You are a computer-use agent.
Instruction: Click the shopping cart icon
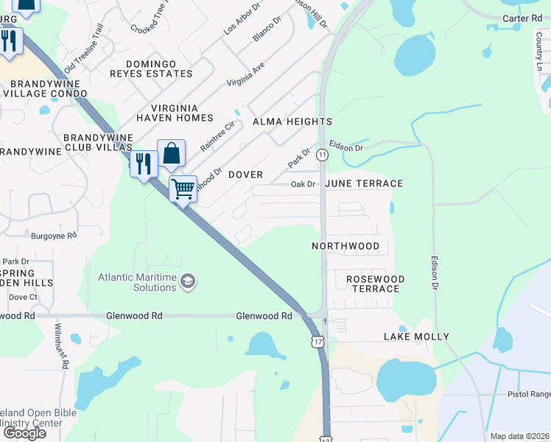coord(183,188)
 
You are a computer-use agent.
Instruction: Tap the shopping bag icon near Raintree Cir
coord(171,153)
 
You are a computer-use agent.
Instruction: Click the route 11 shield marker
coord(322,155)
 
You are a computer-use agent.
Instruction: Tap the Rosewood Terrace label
coord(375,284)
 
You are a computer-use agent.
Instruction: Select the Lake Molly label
coord(416,337)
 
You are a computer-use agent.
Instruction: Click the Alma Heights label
coord(292,122)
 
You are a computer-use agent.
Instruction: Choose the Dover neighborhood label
coord(245,175)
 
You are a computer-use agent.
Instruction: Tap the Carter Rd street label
coord(522,18)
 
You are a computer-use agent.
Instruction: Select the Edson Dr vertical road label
coord(435,272)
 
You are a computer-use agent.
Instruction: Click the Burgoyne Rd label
coord(54,236)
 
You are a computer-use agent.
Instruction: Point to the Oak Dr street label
coord(303,184)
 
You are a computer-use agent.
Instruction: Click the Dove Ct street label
coord(24,297)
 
